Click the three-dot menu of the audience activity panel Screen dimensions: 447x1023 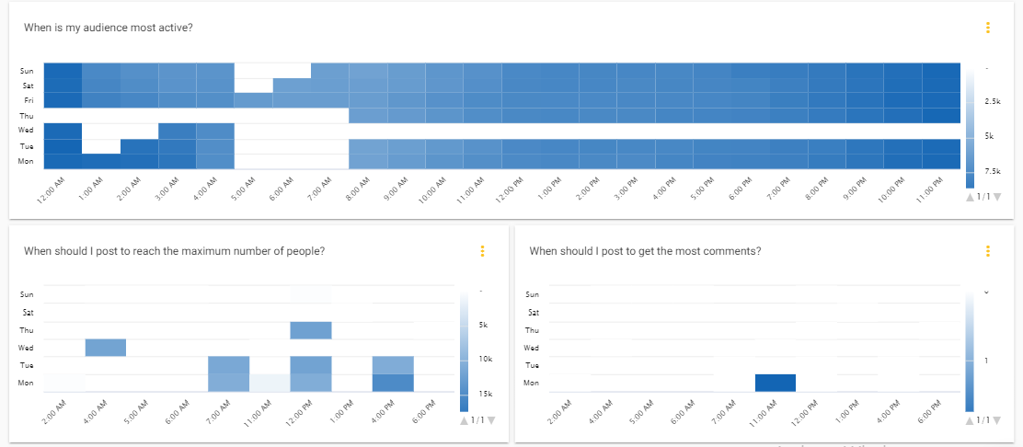(987, 28)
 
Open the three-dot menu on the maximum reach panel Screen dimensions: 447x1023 (482, 251)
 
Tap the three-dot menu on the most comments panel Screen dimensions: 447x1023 (987, 251)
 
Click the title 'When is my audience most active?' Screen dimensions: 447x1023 (108, 28)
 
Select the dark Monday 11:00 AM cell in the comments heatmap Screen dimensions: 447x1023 (776, 383)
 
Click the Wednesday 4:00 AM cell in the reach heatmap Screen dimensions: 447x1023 (106, 348)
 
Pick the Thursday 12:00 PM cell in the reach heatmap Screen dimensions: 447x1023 (311, 330)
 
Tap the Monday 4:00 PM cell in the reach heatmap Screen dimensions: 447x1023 (394, 383)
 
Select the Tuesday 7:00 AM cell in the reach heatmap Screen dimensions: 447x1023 (229, 365)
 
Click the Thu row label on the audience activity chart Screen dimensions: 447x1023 (28, 115)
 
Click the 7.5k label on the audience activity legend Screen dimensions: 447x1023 (993, 171)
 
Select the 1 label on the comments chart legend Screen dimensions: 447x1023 (987, 361)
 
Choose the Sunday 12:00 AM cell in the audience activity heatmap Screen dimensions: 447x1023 (63, 70)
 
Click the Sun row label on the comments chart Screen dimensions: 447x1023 (532, 294)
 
